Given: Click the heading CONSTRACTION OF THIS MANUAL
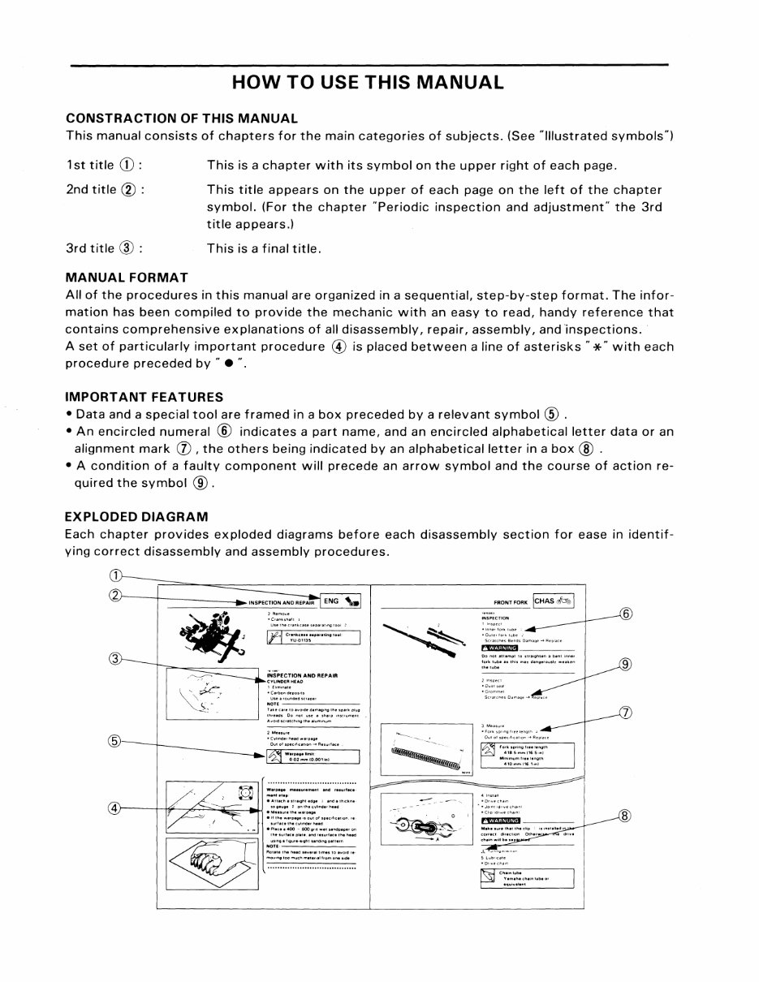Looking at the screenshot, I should pos(181,118).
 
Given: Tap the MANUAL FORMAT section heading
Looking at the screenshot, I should pos(126,278).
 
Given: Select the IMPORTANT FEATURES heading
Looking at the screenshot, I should pos(144,398).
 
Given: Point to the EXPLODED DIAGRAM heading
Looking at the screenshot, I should pos(136,516).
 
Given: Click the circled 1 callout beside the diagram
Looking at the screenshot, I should pos(115,575).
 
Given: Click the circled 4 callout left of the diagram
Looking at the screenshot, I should pos(115,808).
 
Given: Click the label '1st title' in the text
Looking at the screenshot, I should pos(90,166).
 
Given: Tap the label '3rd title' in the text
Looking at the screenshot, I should pos(91,248).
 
